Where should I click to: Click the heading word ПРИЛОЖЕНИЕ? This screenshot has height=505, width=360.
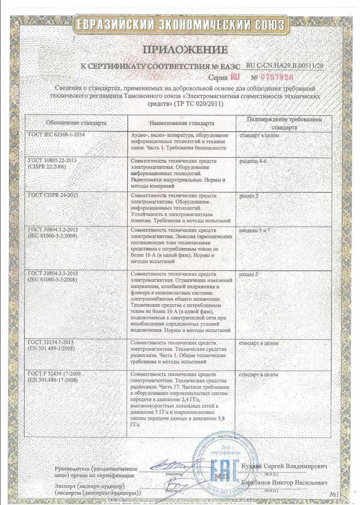(x=185, y=50)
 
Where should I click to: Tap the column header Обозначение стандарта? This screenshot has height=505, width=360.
(x=76, y=123)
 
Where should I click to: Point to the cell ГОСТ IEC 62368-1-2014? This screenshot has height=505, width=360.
(x=57, y=135)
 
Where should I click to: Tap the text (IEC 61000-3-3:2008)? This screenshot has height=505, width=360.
(x=53, y=280)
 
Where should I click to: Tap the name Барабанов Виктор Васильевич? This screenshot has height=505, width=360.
(x=284, y=483)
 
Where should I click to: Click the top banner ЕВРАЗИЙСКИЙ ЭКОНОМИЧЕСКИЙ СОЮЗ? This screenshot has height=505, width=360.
(x=180, y=25)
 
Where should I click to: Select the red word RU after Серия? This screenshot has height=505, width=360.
(x=235, y=77)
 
